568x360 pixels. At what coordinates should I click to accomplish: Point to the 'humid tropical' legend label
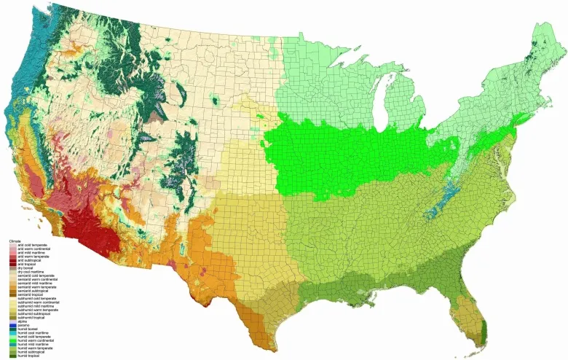point(27,356)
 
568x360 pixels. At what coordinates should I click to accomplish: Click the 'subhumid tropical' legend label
point(30,316)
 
